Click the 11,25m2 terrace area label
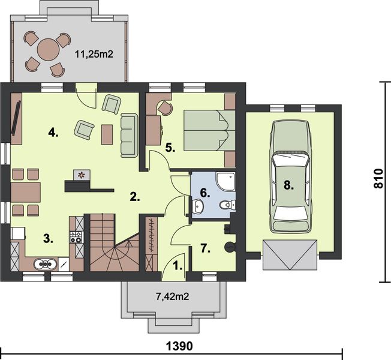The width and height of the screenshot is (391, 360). click(94, 54)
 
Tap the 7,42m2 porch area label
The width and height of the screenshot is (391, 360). click(172, 296)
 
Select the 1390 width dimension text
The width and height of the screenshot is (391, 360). click(179, 346)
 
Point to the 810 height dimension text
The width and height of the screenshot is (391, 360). click(378, 178)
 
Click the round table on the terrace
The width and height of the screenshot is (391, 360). click(49, 50)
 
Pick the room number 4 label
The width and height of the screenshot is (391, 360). click(53, 133)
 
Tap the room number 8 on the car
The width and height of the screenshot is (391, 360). click(289, 185)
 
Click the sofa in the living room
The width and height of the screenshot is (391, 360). click(130, 136)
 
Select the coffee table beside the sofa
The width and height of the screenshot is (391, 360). click(107, 134)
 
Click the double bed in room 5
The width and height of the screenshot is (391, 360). click(209, 130)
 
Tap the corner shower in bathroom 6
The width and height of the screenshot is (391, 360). click(225, 181)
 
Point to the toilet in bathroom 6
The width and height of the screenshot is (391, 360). click(227, 205)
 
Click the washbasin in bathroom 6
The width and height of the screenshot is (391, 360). click(198, 206)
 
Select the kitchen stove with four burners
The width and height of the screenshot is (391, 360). click(76, 237)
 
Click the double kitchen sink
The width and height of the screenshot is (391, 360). click(45, 264)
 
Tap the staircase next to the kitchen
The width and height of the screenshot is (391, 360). click(114, 242)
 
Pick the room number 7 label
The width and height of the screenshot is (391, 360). click(206, 248)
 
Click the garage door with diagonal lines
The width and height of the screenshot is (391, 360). click(290, 255)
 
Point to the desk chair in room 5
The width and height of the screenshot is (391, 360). click(165, 107)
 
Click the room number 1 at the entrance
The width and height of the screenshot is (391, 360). click(178, 266)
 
